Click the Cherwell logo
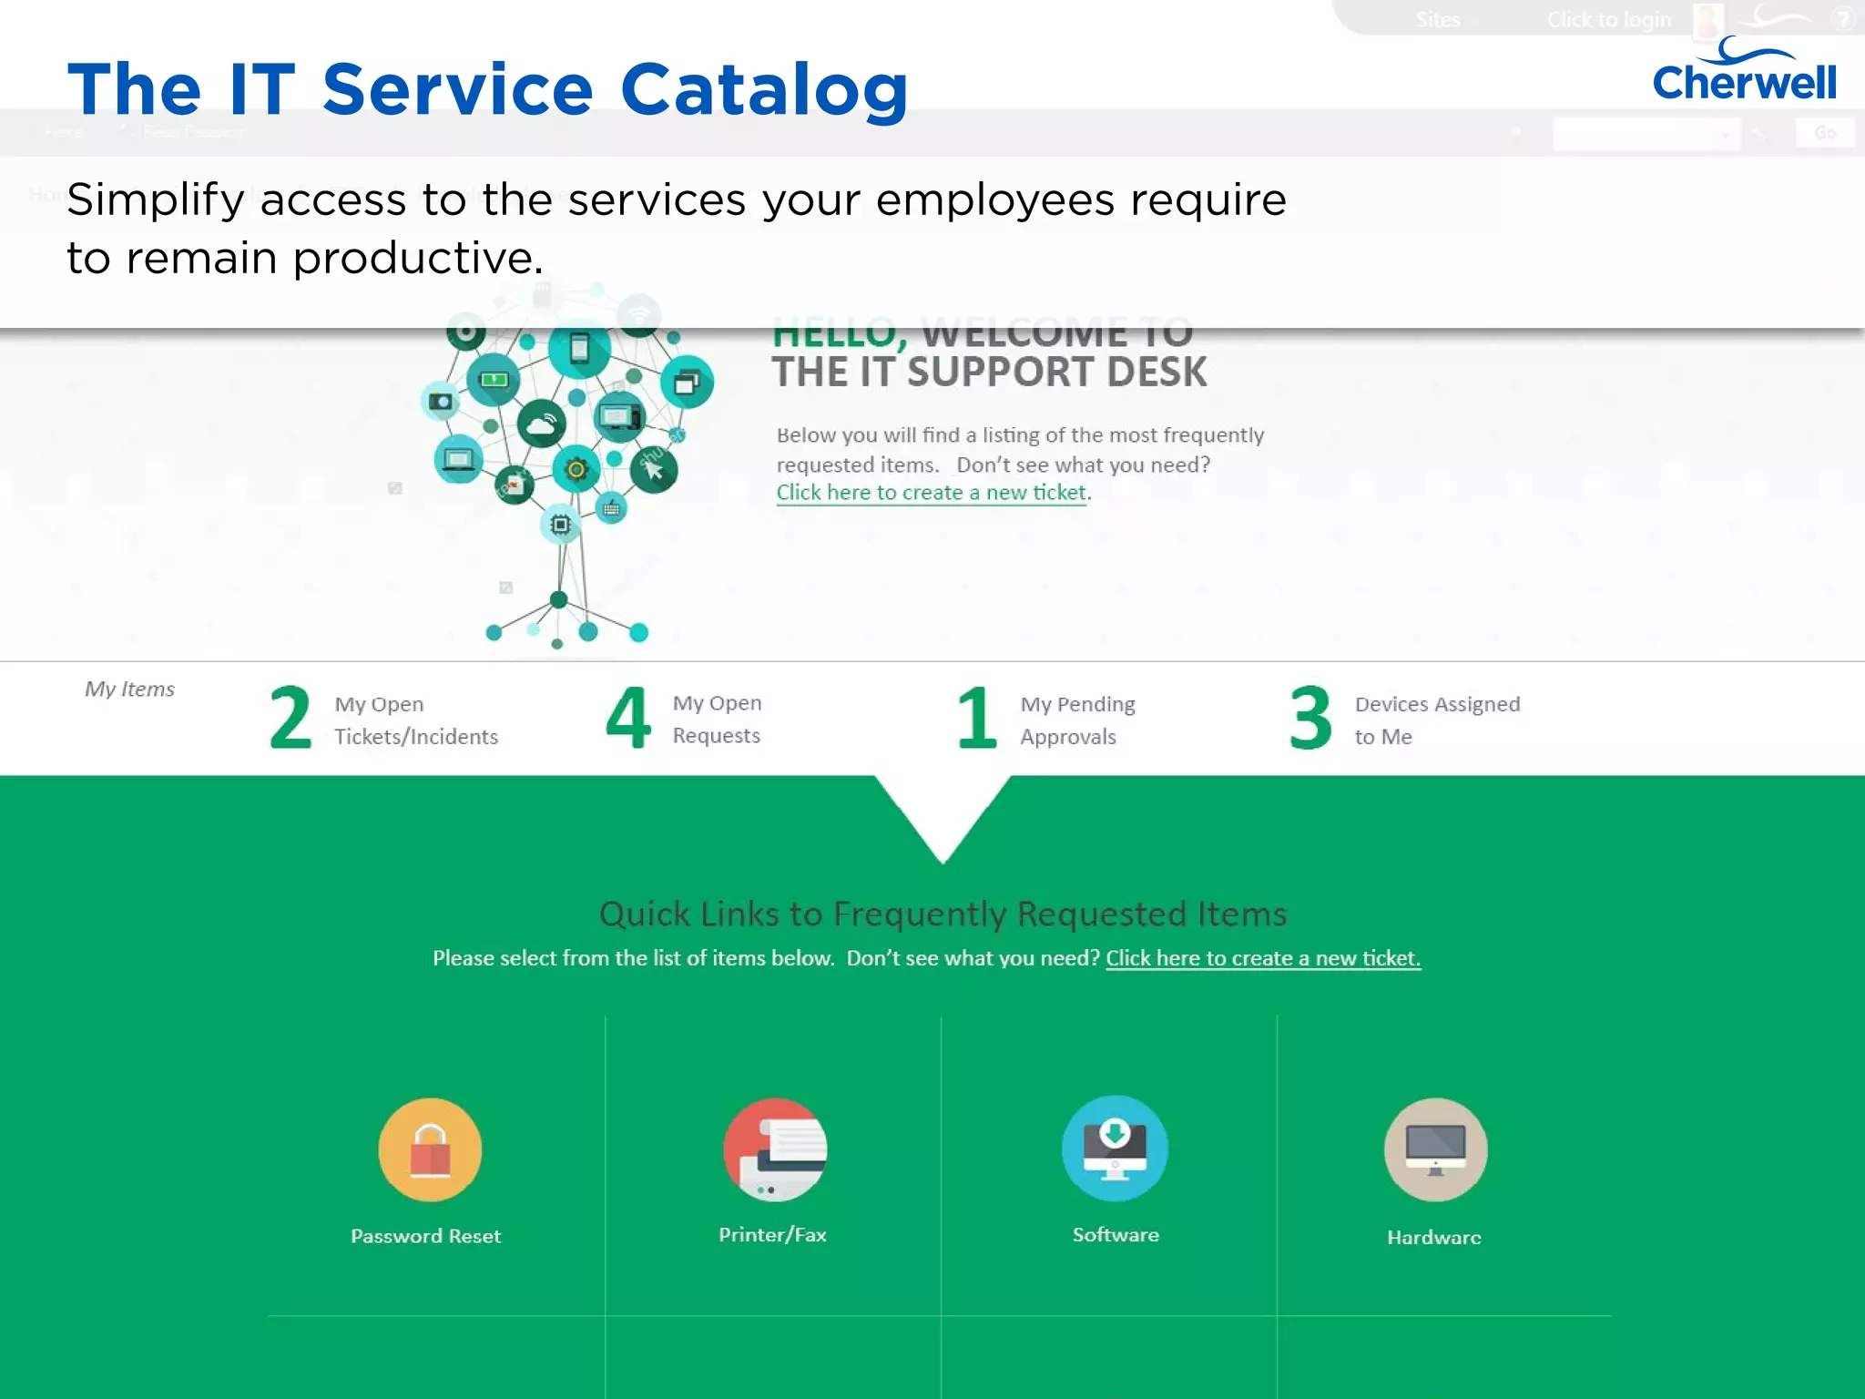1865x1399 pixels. (1743, 73)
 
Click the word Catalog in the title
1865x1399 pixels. (764, 90)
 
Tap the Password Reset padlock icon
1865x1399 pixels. (430, 1149)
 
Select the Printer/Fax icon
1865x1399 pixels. (775, 1149)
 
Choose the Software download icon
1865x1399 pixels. (1115, 1148)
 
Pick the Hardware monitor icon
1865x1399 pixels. (1435, 1149)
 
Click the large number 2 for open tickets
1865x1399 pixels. (290, 719)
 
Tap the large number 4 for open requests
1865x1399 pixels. (628, 719)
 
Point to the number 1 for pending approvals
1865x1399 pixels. (976, 719)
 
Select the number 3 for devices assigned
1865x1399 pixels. (1310, 719)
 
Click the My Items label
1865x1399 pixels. (129, 689)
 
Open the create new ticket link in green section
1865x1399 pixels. (1262, 958)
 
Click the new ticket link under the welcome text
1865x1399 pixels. (931, 493)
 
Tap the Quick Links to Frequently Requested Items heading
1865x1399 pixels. (943, 914)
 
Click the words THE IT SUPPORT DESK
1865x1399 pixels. (989, 373)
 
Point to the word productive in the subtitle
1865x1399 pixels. (417, 259)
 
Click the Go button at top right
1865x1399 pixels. (1824, 133)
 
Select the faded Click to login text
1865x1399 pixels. (1608, 20)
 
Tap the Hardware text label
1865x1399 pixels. (1433, 1237)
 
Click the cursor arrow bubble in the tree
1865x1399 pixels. (654, 470)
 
